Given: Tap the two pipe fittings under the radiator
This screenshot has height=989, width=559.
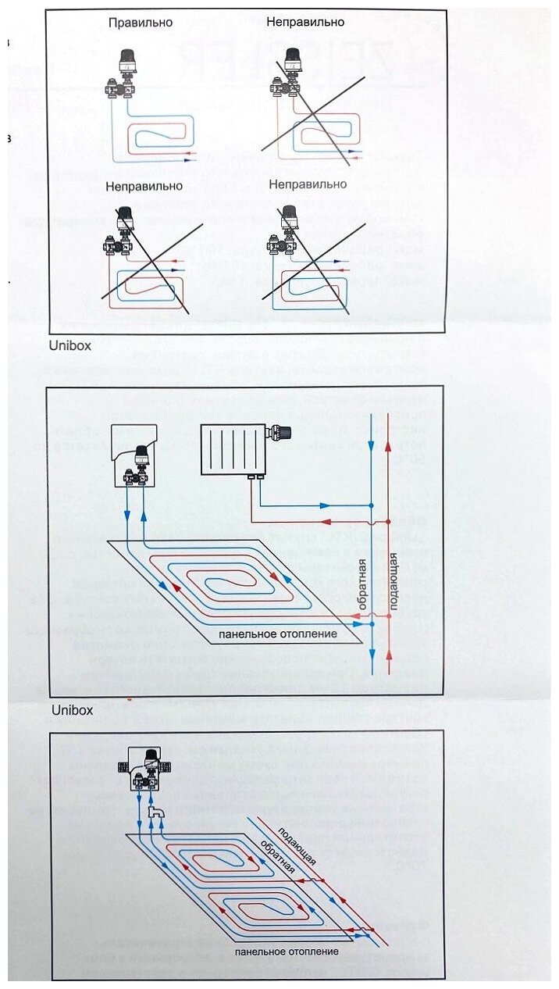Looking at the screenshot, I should [x=252, y=476].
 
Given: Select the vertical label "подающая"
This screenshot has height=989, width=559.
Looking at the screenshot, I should [x=395, y=581].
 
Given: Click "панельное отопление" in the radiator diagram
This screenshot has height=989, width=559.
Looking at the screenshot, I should [x=278, y=634].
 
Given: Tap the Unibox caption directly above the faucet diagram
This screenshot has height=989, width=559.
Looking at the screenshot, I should [x=70, y=710].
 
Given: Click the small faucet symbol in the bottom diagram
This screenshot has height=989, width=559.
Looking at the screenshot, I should [x=155, y=815].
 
